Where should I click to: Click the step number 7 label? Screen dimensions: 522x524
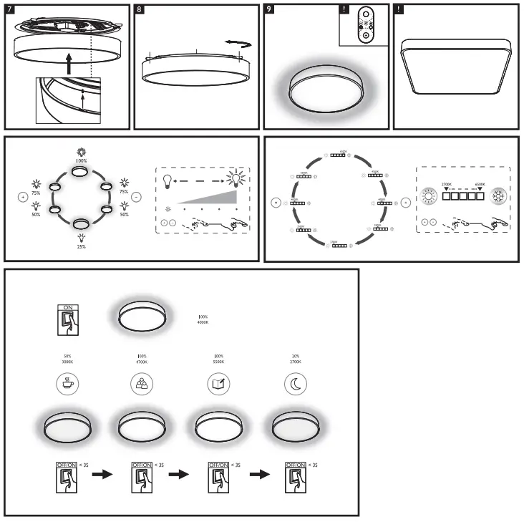(x=9, y=10)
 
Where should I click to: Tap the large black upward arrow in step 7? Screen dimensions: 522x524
(x=68, y=64)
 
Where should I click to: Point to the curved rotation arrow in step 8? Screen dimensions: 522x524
(x=238, y=44)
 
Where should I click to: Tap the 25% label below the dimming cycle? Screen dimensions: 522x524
(x=81, y=246)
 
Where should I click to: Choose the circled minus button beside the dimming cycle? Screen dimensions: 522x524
(x=137, y=196)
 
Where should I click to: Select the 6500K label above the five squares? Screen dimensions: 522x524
(x=480, y=184)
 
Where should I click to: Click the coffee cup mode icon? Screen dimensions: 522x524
(x=68, y=383)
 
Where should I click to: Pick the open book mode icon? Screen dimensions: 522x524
(x=219, y=383)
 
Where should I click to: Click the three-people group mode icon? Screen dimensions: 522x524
(x=141, y=383)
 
